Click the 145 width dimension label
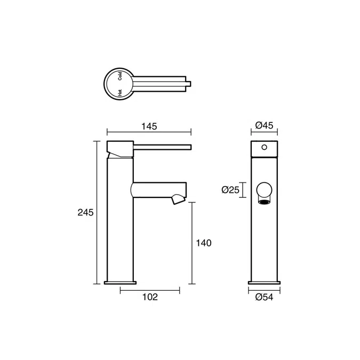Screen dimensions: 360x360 coord(149,126)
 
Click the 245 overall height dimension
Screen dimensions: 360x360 coord(86,212)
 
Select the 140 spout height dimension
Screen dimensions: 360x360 coord(203,243)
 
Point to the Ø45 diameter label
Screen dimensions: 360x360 coord(264,125)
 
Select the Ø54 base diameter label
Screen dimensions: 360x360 coord(264,298)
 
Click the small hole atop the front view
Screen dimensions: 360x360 coord(263,146)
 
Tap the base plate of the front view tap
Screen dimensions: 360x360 coord(264,282)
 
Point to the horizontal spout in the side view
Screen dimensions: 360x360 coord(157,189)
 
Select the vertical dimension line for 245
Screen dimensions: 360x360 coord(97,212)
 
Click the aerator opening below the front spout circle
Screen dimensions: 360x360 coord(264,201)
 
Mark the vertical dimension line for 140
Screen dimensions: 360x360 coord(193,243)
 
